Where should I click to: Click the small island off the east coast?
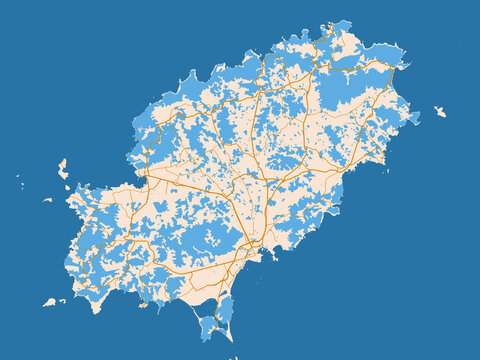[x=440, y=111]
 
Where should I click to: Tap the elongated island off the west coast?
[x=62, y=169]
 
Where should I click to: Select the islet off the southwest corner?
[x=49, y=301]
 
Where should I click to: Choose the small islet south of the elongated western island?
[x=47, y=199]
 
